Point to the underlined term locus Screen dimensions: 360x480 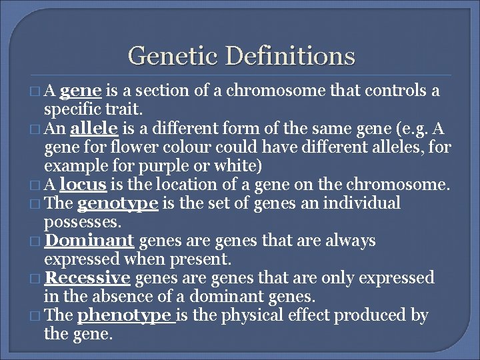pos(81,184)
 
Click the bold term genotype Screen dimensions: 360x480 pos(118,203)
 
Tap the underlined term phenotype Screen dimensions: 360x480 pos(124,315)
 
